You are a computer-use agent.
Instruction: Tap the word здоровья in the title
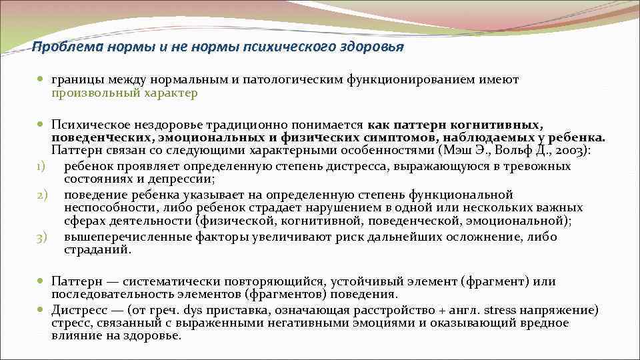click(x=371, y=47)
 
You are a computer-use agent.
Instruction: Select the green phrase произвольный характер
click(x=125, y=93)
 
